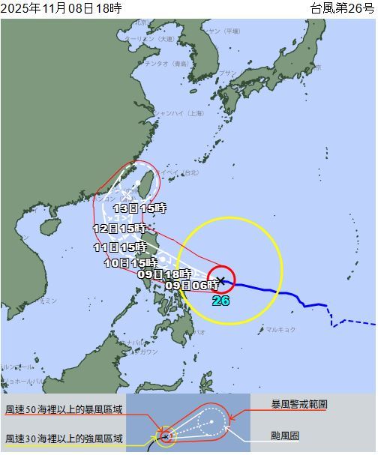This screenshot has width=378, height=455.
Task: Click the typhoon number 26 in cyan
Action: [220, 301]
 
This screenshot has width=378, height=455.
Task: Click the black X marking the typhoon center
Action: [221, 280]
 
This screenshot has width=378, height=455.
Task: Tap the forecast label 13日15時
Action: [139, 208]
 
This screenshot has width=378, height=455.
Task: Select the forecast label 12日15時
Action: [119, 228]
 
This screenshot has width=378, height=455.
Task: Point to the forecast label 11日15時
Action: [119, 247]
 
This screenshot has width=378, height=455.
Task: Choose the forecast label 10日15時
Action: [130, 262]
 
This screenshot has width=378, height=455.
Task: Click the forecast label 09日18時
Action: [164, 274]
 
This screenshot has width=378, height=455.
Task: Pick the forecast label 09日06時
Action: [192, 284]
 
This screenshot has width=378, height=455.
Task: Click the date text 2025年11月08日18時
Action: [61, 8]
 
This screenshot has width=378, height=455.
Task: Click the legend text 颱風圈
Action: [286, 435]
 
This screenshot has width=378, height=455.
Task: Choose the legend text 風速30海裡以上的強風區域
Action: [64, 439]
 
